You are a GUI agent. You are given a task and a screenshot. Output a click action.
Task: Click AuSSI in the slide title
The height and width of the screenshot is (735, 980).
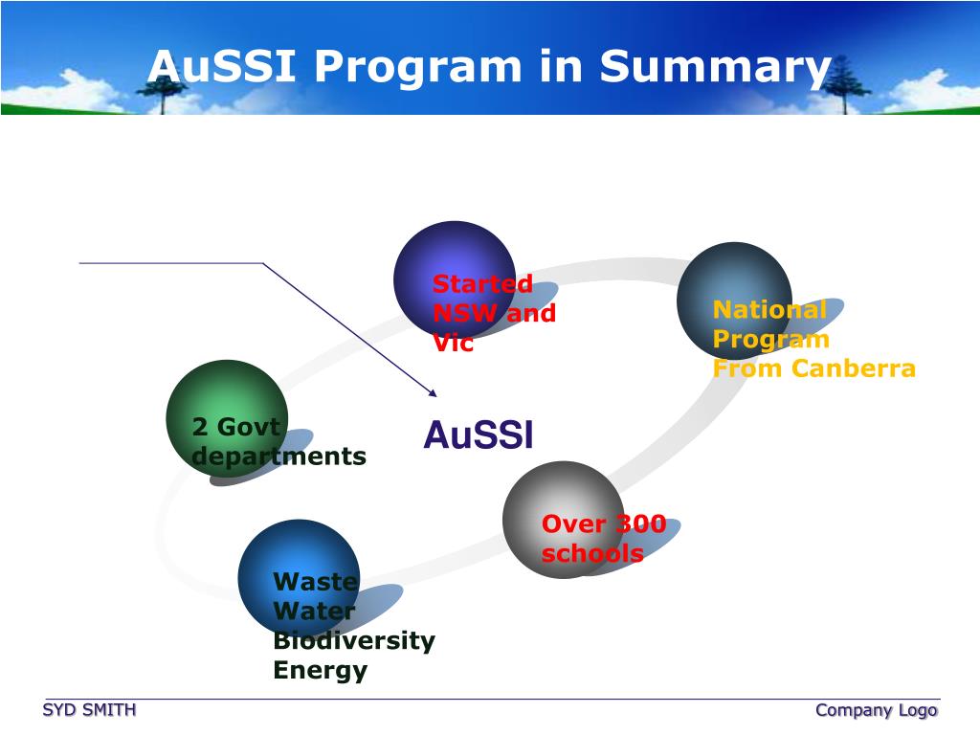pyautogui.click(x=224, y=67)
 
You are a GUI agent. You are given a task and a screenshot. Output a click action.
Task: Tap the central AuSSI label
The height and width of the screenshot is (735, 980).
pyautogui.click(x=478, y=435)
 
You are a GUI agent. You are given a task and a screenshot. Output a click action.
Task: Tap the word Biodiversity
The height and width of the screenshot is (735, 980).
pyautogui.click(x=354, y=640)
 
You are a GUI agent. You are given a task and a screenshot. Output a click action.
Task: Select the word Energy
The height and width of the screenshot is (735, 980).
pyautogui.click(x=320, y=670)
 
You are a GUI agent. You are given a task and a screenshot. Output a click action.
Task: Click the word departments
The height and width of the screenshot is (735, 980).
pyautogui.click(x=278, y=457)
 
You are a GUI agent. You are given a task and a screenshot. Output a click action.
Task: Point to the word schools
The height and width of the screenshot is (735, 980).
pyautogui.click(x=592, y=553)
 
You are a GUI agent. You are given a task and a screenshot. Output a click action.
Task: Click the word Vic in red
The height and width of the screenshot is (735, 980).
pyautogui.click(x=453, y=343)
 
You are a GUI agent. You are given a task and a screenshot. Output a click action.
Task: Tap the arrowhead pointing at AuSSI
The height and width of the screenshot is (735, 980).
pyautogui.click(x=433, y=392)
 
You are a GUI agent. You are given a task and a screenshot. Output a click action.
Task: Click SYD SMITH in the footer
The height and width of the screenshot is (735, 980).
pyautogui.click(x=89, y=709)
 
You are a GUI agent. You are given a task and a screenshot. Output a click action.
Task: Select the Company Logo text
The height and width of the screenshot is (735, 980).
pyautogui.click(x=876, y=709)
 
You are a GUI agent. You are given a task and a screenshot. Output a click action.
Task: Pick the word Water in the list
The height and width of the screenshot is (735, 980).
pyautogui.click(x=314, y=611)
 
